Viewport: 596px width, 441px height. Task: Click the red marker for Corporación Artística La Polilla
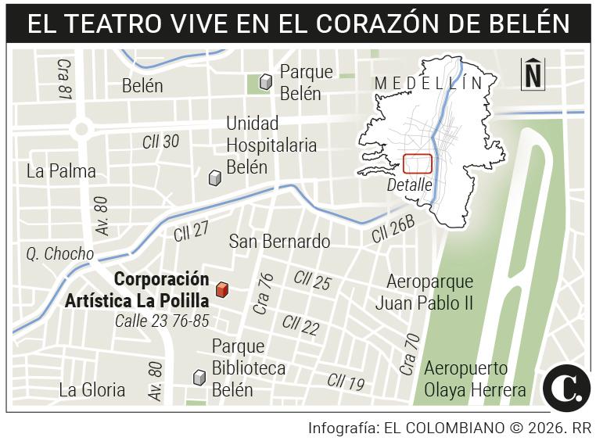(222, 290)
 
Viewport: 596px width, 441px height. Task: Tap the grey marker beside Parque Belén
(266, 81)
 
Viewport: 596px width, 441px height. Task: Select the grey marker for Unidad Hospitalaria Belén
(214, 178)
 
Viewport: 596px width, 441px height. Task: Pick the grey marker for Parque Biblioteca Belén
(199, 378)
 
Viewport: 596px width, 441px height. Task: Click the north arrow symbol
(533, 74)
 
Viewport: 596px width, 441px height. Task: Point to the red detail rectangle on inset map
(418, 164)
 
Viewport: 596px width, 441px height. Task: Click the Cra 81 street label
(64, 78)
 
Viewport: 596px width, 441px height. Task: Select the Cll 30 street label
(160, 141)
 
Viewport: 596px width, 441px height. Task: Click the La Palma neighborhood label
(61, 171)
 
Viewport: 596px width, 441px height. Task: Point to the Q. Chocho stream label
(59, 254)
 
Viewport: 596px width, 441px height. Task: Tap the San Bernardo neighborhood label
(279, 242)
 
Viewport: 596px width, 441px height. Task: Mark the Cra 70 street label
(408, 354)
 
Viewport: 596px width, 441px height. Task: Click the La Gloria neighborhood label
(92, 389)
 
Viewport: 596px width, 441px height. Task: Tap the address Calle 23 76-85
(162, 321)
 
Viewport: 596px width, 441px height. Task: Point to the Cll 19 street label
(346, 382)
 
